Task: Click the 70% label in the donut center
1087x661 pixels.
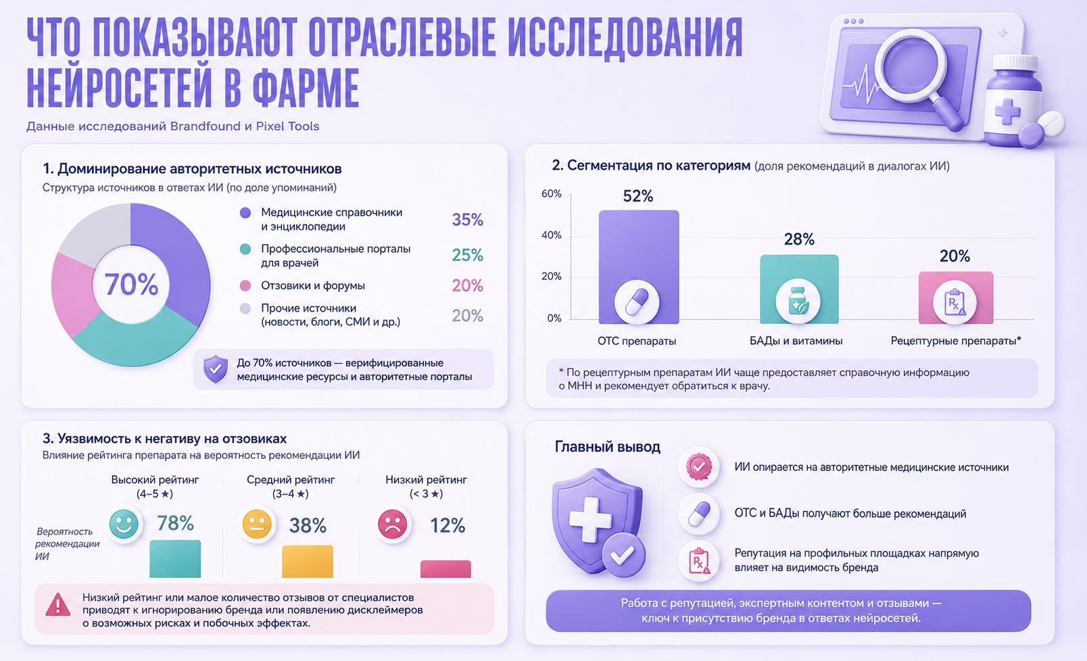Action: coord(132,285)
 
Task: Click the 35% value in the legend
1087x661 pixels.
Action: coord(467,220)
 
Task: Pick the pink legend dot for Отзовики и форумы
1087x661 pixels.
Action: coord(245,285)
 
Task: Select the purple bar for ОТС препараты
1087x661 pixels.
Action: coord(639,267)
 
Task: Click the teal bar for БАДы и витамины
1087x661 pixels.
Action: coord(799,289)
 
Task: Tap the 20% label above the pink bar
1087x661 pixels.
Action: coord(955,256)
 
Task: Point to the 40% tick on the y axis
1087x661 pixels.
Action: coord(551,235)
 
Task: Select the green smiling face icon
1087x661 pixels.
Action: coord(124,524)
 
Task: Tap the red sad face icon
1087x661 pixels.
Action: coord(392,524)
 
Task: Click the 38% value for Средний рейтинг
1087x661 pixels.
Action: coord(308,526)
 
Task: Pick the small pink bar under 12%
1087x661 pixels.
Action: coord(445,569)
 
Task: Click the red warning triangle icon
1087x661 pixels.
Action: coord(57,605)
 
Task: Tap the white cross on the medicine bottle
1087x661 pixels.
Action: coord(1007,111)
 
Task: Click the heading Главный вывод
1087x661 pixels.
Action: coord(608,447)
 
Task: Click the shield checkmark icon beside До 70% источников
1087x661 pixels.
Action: coord(216,369)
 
